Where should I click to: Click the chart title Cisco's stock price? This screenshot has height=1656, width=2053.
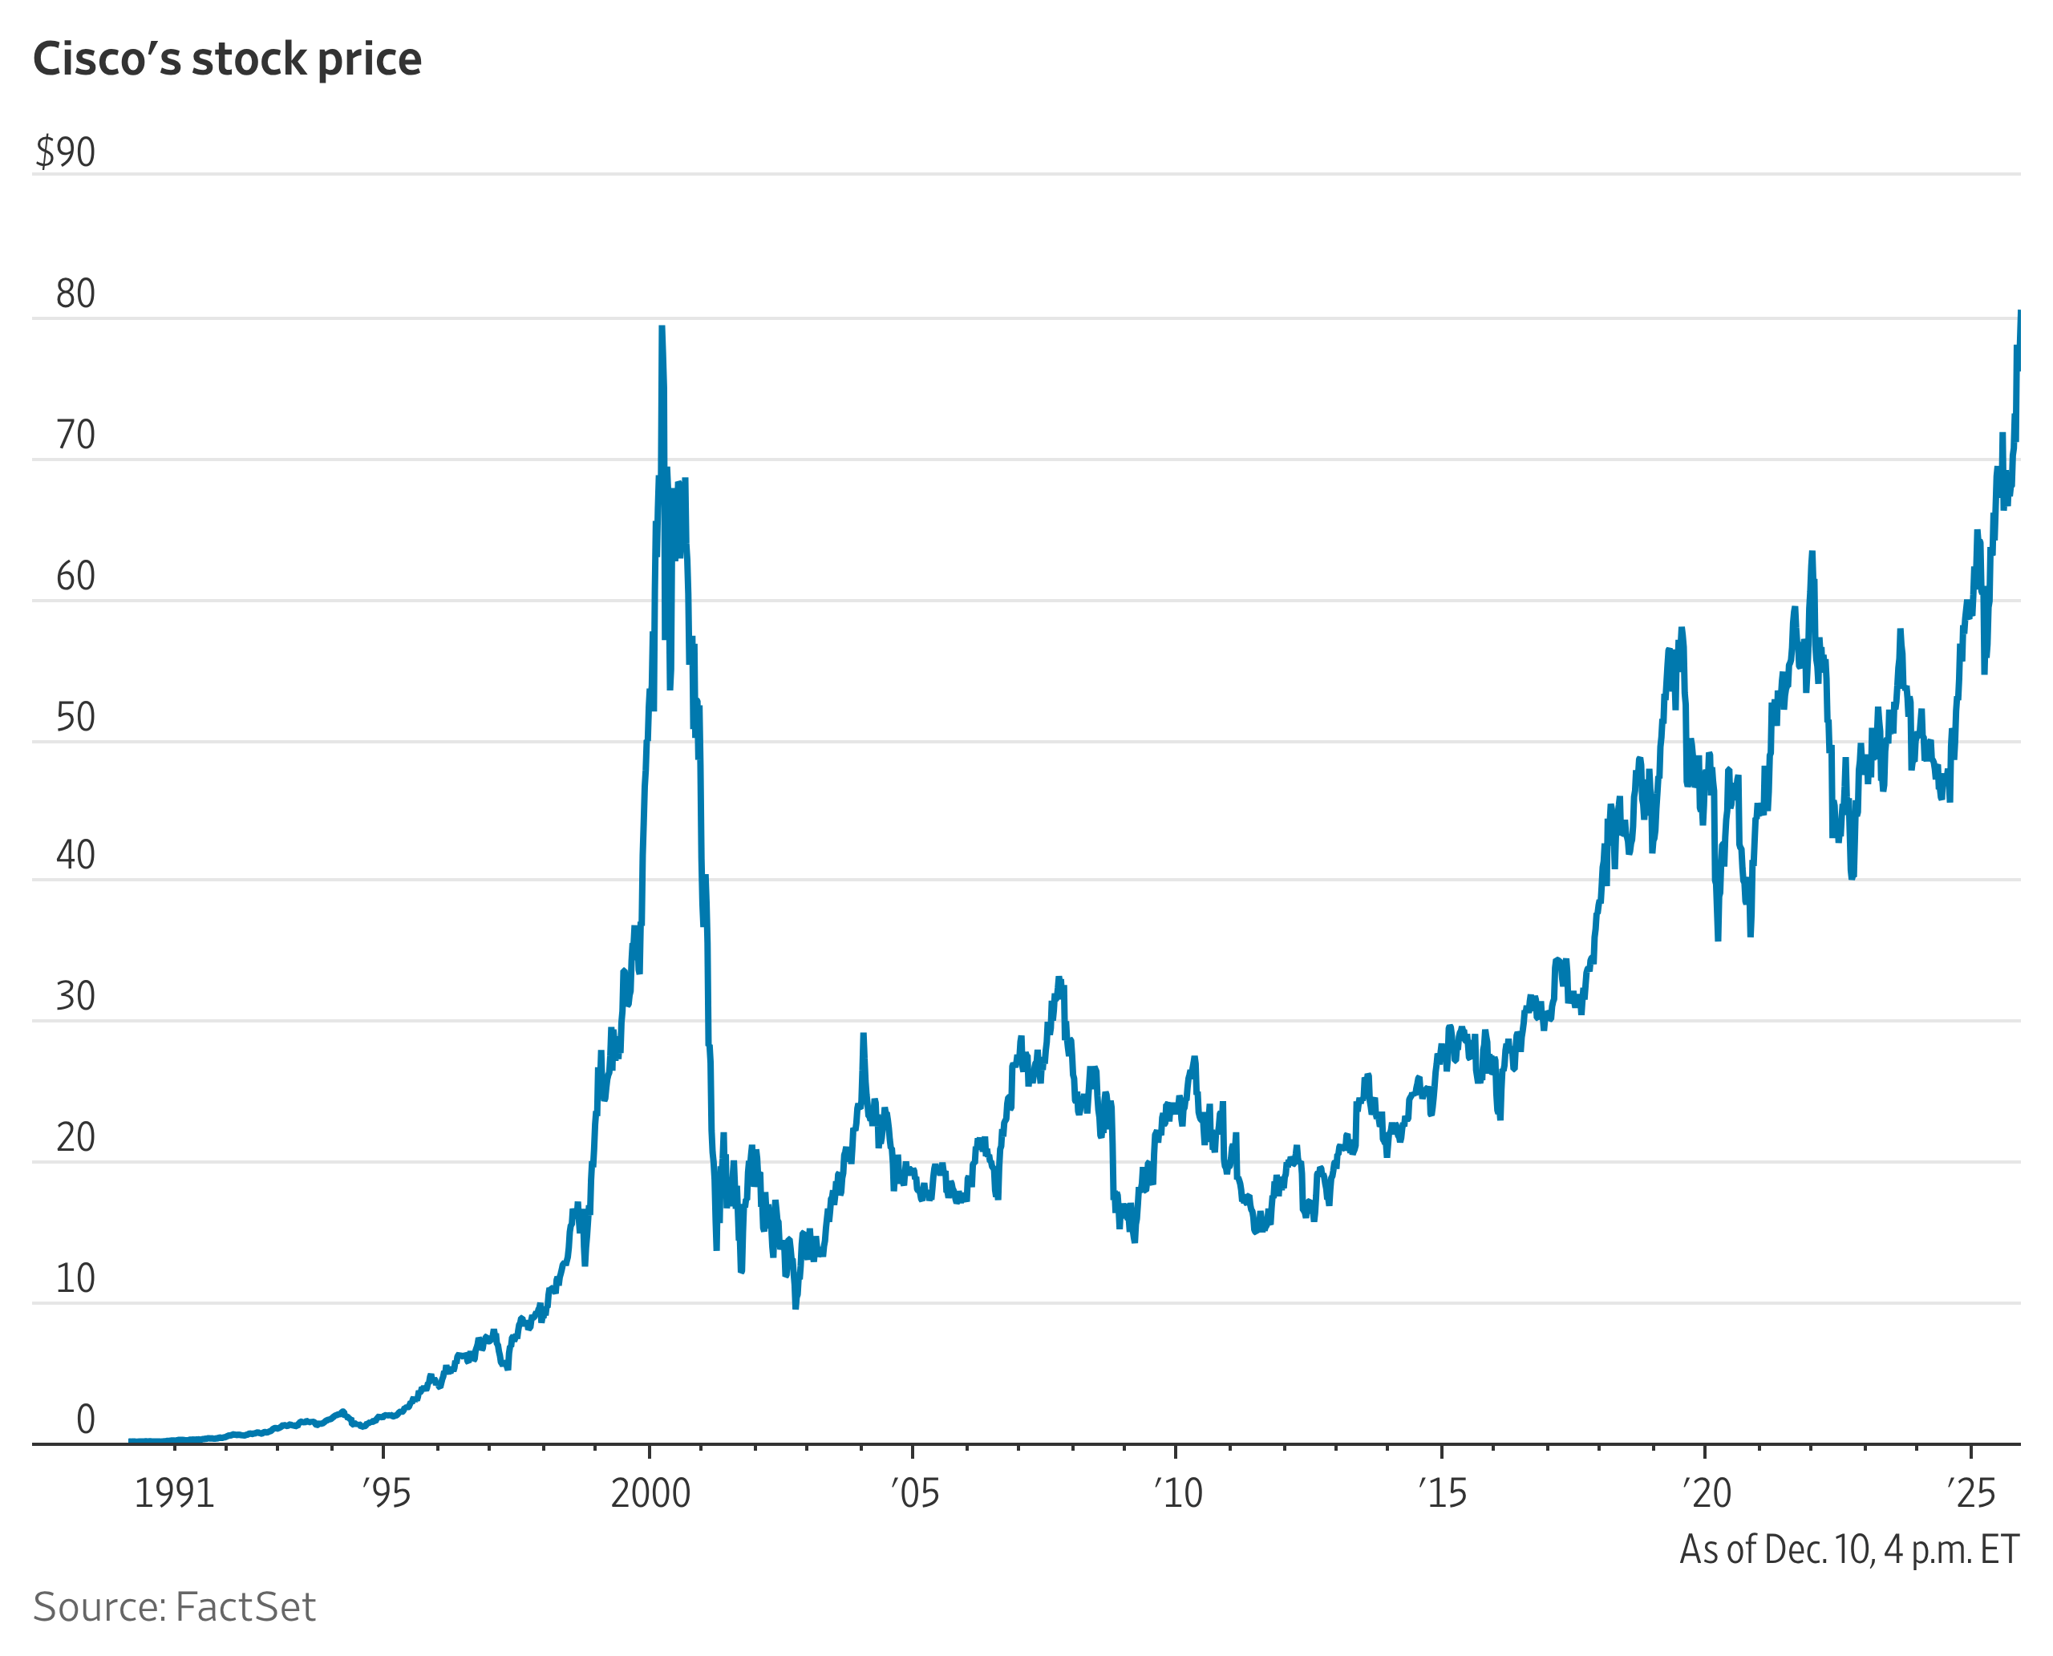point(227,59)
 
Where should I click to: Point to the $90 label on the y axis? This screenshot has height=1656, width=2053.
point(65,152)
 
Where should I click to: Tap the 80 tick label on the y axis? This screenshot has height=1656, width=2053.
point(75,295)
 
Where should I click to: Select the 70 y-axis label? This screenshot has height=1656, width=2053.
point(75,436)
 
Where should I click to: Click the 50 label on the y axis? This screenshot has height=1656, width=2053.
point(75,719)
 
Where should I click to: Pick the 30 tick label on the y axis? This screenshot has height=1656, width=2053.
point(75,998)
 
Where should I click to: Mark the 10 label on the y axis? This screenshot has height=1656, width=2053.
point(75,1280)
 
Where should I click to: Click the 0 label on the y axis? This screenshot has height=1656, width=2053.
point(85,1420)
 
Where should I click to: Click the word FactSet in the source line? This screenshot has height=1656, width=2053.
point(245,1607)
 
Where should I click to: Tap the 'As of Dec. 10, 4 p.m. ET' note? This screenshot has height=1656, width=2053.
point(1849,1550)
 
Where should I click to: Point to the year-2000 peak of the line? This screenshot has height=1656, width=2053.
point(661,329)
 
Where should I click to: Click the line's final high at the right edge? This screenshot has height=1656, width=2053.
point(2019,313)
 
